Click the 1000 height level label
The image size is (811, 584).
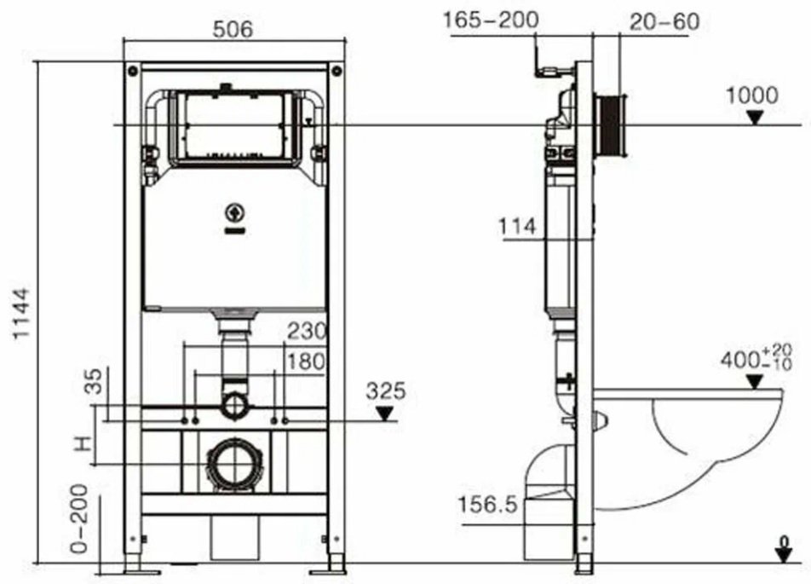coord(751,95)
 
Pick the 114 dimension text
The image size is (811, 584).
coord(517,227)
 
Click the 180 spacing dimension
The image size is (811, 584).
coord(305,361)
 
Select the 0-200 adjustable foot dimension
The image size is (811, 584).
coord(80,520)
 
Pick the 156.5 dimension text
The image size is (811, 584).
coord(487,505)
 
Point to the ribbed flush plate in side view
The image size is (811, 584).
coord(613,125)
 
